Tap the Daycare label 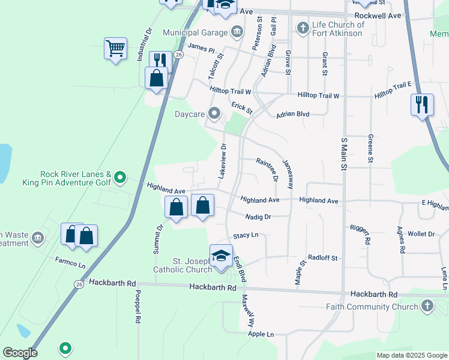(190, 113)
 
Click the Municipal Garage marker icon (237, 31)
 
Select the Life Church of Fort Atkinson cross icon (302, 27)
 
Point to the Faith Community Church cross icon (427, 307)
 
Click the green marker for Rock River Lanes (120, 177)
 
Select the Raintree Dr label (267, 169)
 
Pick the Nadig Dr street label (259, 216)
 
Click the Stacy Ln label (246, 235)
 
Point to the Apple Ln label (261, 334)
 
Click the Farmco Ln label (71, 262)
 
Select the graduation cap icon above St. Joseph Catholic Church (221, 256)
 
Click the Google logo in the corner (20, 353)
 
